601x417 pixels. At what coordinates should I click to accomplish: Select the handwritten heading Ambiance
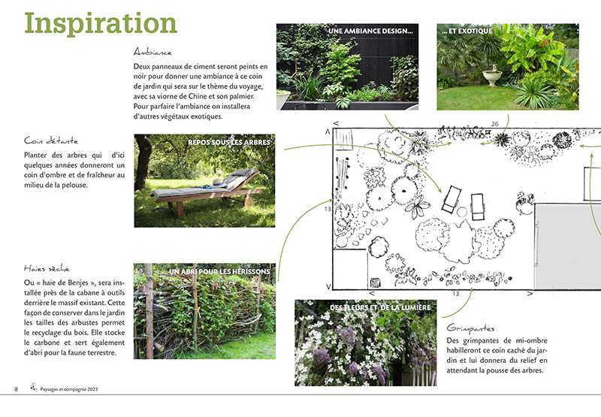pyautogui.click(x=153, y=53)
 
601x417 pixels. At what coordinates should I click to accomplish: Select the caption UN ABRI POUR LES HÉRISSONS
pyautogui.click(x=222, y=271)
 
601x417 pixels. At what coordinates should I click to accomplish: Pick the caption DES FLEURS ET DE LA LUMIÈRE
pyautogui.click(x=380, y=308)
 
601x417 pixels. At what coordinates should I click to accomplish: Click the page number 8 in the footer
pyautogui.click(x=17, y=388)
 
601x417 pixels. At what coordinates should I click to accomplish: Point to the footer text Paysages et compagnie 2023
pyautogui.click(x=69, y=389)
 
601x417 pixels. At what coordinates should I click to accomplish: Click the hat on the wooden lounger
pyautogui.click(x=217, y=182)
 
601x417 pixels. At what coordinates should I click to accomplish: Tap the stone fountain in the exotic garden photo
pyautogui.click(x=491, y=76)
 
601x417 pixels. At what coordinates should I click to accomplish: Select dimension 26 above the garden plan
pyautogui.click(x=494, y=124)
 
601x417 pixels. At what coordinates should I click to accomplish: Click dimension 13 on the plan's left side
pyautogui.click(x=327, y=209)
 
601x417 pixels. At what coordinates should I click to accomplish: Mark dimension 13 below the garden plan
pyautogui.click(x=455, y=294)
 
